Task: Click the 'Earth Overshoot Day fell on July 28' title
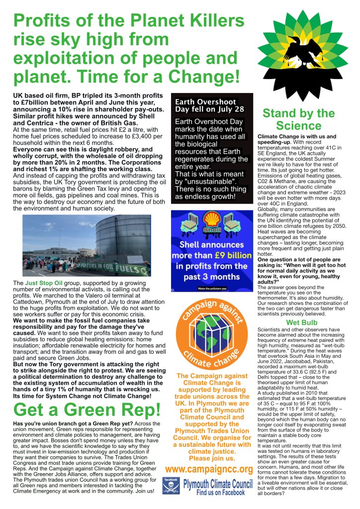point(209,105)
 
